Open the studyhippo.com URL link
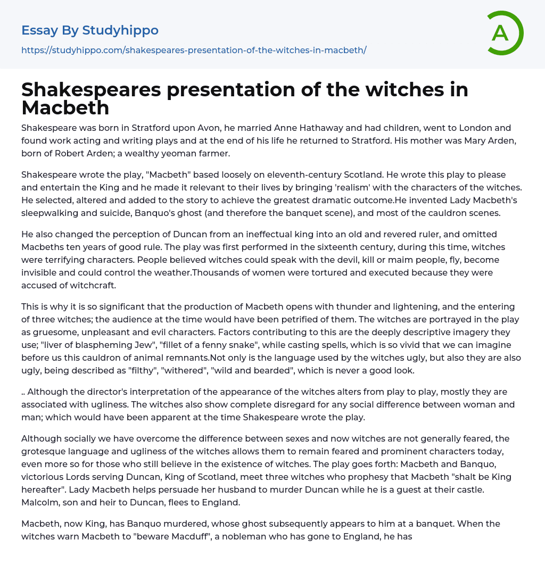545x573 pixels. (194, 50)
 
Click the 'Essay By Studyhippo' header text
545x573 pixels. (90, 30)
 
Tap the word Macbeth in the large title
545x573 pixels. (65, 108)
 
